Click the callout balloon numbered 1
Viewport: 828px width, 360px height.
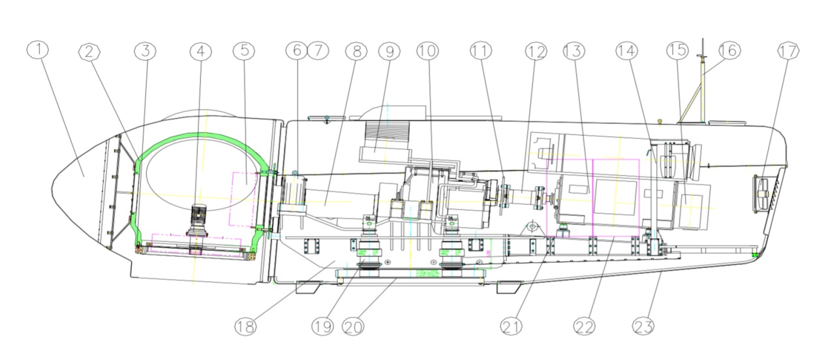coord(39,51)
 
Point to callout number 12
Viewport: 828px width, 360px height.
coord(534,52)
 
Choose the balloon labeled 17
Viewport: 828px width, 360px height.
coord(788,52)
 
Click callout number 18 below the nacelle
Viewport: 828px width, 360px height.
coord(245,325)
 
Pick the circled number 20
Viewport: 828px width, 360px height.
coord(352,325)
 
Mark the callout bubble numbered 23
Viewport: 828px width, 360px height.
coord(643,325)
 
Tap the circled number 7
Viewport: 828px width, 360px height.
coord(317,52)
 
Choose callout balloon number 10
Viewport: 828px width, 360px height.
coord(428,52)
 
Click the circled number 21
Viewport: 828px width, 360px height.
coord(511,325)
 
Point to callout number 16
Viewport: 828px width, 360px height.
coord(729,52)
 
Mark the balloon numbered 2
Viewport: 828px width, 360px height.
coord(91,52)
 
